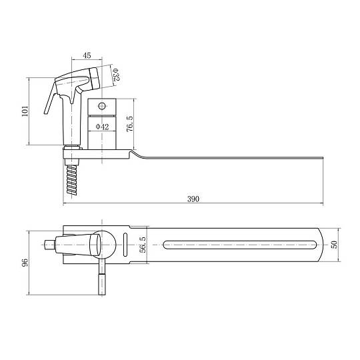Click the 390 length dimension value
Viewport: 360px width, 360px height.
point(193,199)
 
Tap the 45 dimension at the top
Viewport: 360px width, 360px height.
point(87,55)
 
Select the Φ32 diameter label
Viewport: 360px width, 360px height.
point(116,75)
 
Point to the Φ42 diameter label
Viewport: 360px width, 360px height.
point(102,127)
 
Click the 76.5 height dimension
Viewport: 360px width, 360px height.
point(130,124)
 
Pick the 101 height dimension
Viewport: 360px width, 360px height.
point(25,111)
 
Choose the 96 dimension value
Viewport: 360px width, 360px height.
point(25,262)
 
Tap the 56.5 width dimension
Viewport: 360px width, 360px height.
point(143,245)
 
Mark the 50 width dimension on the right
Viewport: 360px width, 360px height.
point(335,244)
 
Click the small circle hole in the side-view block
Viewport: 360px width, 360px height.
point(102,106)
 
